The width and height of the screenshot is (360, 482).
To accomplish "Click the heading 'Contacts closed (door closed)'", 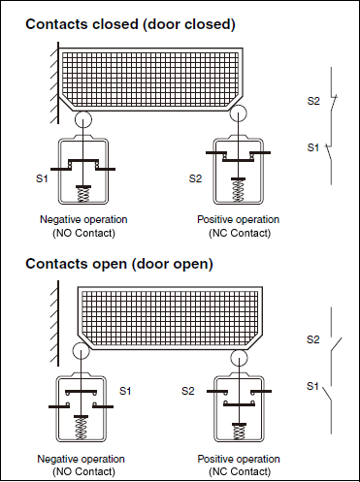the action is point(130,24).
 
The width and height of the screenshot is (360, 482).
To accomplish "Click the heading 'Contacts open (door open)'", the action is point(119,264).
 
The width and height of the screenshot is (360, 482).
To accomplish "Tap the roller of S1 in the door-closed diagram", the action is point(83,119).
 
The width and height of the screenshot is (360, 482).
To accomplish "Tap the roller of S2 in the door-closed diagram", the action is point(238,113).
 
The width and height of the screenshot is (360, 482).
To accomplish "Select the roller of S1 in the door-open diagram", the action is point(81,350).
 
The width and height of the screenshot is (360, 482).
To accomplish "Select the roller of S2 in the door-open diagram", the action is point(240,358).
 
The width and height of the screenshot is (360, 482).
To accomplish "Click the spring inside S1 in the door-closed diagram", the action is point(83,195).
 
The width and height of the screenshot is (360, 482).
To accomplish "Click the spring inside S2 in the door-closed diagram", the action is point(239,191).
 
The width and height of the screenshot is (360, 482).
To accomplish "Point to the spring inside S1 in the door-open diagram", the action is point(81,429).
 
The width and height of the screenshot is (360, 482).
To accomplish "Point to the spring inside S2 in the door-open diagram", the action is point(240,433).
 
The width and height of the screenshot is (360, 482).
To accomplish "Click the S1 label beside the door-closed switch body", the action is point(42,178).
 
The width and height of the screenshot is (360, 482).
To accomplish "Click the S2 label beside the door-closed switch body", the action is point(195,178).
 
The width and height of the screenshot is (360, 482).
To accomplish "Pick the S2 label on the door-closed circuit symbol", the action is point(313,101).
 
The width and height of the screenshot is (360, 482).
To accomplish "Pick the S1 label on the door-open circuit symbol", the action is point(312,386).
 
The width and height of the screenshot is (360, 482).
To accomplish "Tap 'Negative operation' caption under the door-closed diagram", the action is point(83,219).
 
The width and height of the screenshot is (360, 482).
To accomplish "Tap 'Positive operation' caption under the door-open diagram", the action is point(239,459).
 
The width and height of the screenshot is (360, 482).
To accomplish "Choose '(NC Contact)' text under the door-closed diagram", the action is point(240,233).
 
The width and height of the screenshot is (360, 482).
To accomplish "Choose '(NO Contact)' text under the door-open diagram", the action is point(83,471).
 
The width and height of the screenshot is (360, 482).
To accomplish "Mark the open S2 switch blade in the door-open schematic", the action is point(336,345).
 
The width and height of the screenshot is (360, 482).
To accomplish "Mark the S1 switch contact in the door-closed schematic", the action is point(329,153).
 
